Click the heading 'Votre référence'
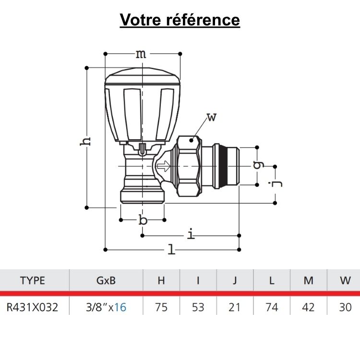(x=180, y=20)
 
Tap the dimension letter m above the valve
(x=140, y=54)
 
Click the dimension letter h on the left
(x=85, y=140)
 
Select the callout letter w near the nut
(x=211, y=117)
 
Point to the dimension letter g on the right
(x=259, y=165)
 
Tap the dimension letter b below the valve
(x=143, y=220)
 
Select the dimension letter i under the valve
(x=192, y=235)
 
